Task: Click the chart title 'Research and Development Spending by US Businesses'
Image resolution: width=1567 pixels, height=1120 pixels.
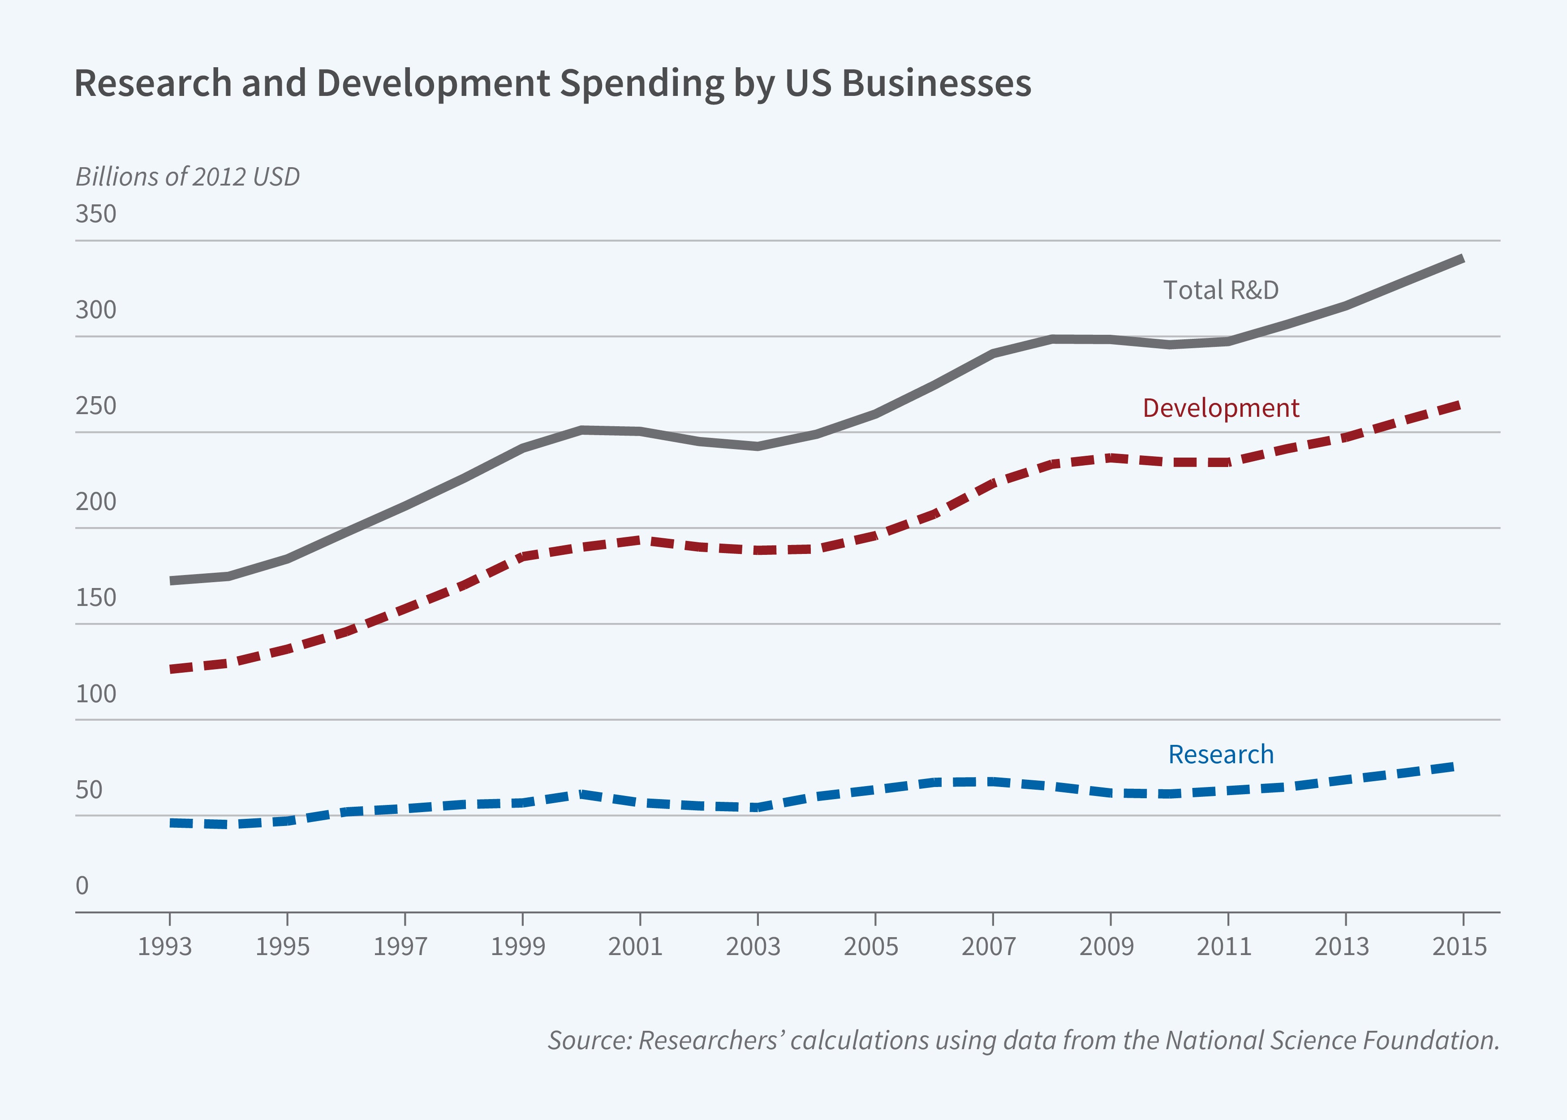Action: coord(552,83)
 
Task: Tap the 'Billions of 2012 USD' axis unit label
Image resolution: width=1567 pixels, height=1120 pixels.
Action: coord(188,177)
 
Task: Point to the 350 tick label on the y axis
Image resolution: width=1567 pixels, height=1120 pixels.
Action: coord(96,214)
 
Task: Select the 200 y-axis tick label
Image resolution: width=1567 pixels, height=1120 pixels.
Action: coord(96,502)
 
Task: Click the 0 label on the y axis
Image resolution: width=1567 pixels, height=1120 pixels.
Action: coord(82,886)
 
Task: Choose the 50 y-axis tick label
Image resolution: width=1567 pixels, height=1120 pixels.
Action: coord(89,790)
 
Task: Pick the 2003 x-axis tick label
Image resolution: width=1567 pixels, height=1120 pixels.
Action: coord(753,946)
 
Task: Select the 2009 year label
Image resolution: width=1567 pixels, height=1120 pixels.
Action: coord(1106,946)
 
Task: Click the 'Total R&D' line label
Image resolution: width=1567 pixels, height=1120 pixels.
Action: coord(1220,290)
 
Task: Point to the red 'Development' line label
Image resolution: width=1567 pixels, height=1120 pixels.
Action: coord(1220,408)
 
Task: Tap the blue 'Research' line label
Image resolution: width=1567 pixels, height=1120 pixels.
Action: coord(1220,754)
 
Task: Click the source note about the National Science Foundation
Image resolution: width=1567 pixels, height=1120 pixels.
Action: coord(1023,1040)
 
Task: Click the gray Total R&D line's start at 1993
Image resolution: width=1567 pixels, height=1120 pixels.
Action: coord(171,581)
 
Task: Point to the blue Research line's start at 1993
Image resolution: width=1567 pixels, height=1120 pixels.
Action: coord(171,823)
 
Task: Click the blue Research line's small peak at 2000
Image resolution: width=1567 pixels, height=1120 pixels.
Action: coord(582,794)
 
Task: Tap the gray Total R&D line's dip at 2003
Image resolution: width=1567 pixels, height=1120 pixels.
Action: coord(758,446)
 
